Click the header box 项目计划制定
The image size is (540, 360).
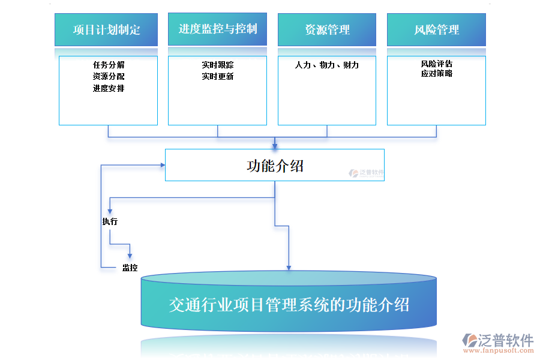pos(106,30)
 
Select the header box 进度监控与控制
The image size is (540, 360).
pos(217,29)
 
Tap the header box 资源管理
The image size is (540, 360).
pos(327,30)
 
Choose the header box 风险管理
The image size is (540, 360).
pos(436,30)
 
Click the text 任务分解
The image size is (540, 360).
pos(109,65)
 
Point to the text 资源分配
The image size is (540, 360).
pos(109,76)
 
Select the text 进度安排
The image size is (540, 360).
pos(109,88)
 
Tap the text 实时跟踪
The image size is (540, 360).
pos(218,65)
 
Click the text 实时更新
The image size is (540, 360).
pos(218,76)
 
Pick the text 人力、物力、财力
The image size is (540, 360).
pos(327,65)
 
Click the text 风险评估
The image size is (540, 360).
pos(437,64)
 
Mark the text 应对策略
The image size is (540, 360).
pos(437,74)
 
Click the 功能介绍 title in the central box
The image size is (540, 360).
pos(275,166)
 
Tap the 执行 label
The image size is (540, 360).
pos(110,221)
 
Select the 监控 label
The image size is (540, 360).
pos(130,268)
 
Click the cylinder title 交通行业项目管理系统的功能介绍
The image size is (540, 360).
pos(289,305)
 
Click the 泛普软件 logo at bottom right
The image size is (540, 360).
pos(498,343)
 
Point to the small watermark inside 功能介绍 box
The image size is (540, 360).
pos(367,173)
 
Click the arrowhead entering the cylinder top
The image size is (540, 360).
pos(289,267)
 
